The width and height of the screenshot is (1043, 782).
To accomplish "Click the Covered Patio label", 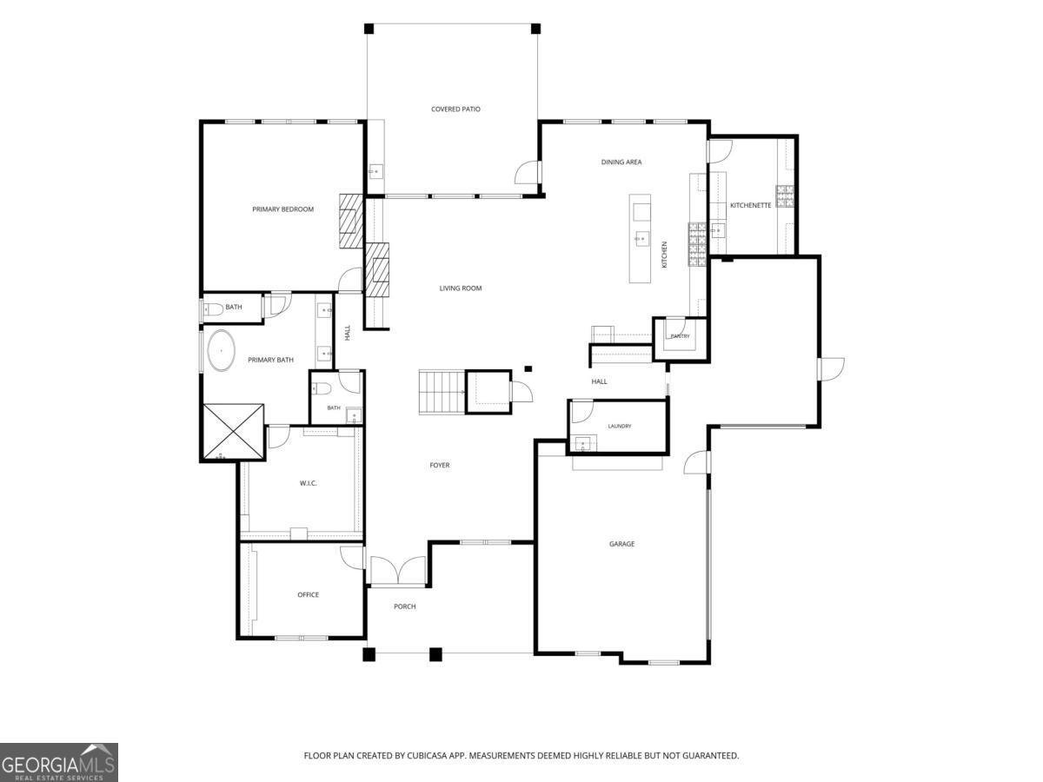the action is point(455,109).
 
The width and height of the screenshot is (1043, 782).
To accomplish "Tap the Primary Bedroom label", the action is point(282,209).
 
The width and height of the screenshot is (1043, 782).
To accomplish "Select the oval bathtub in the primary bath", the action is point(221,350).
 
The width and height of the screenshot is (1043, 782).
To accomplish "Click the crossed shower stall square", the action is point(233,432).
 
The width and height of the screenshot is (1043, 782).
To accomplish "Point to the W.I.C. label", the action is point(308,483).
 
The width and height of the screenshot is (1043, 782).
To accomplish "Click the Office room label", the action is point(308,594).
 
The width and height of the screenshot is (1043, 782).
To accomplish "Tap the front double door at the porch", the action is point(398,570).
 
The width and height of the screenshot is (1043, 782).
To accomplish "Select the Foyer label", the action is point(440,466).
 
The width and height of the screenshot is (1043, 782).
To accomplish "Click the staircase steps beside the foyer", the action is point(442,392).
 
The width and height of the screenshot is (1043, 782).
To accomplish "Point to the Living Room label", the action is point(461,288).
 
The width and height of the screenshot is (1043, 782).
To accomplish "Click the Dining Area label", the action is point(621,162).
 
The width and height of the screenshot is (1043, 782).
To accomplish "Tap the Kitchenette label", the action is point(750,205).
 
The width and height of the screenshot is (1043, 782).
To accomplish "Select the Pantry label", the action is point(680,336).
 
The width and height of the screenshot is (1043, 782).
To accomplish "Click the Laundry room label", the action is point(620,426).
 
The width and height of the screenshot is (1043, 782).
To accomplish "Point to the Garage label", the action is point(621,544).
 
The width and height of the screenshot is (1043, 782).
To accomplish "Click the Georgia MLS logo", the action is point(59,763).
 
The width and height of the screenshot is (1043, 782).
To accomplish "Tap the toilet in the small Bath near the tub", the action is point(213,310).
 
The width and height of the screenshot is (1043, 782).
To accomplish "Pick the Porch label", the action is point(404,606).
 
